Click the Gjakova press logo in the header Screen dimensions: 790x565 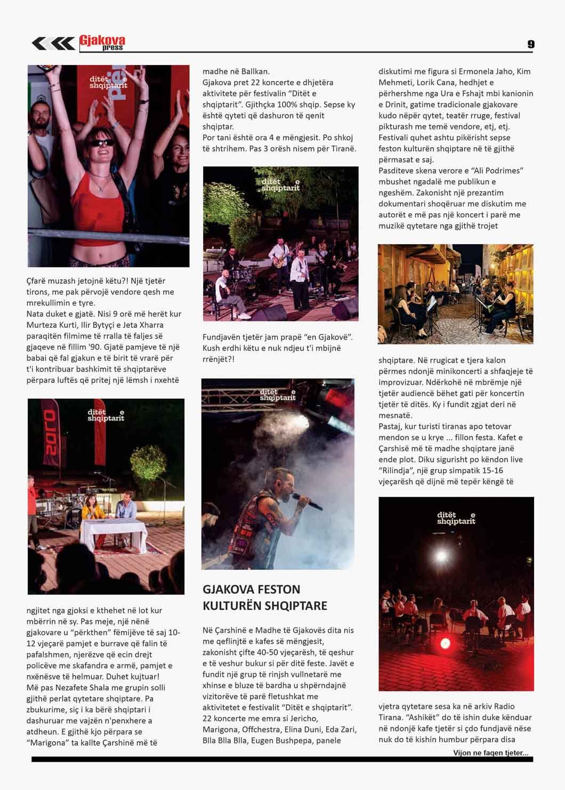[x=102, y=43]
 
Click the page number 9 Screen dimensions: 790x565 [x=530, y=44]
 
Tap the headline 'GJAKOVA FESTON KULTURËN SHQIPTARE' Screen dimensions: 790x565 [x=265, y=598]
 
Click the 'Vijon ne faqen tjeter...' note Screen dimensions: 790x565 [x=491, y=753]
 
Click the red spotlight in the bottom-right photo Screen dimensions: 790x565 [x=443, y=643]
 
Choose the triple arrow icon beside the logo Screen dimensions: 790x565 [x=53, y=43]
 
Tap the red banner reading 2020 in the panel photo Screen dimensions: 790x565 [x=50, y=431]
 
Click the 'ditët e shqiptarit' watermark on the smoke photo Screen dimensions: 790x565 [x=278, y=395]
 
